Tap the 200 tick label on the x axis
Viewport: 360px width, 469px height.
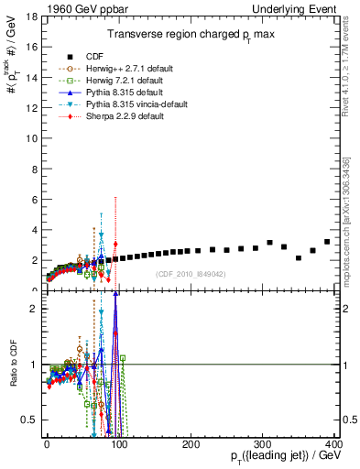point(191,443)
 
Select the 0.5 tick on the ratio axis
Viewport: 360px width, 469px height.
point(29,420)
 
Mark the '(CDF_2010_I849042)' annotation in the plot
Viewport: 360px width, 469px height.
point(191,273)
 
